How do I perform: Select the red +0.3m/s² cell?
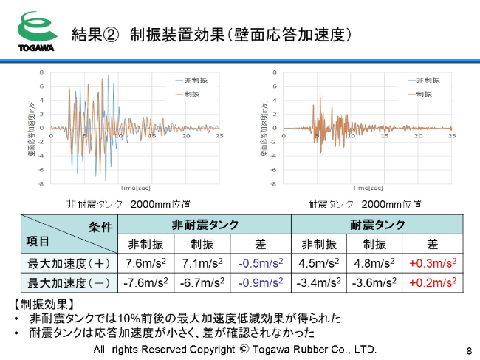433,263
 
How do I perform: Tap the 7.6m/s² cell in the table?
146,263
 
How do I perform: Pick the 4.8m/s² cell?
375,263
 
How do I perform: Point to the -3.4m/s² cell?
318,282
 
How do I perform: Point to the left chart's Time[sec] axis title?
138,188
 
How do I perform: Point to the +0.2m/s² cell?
433,282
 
